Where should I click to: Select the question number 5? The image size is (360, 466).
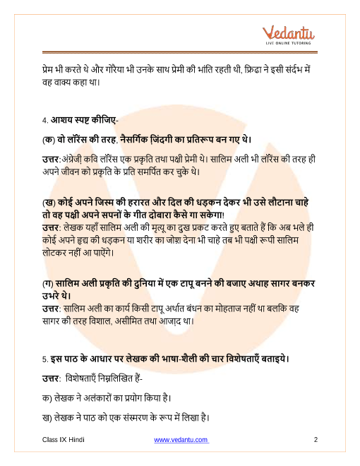(x=44, y=359)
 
